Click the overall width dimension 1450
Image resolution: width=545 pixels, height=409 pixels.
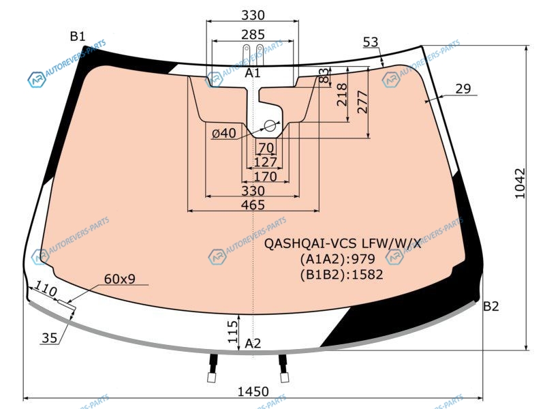[x=253, y=391]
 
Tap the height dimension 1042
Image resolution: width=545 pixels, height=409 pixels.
[x=520, y=183]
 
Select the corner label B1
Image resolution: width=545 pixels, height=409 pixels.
[x=78, y=36]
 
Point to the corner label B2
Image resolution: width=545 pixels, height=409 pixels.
[x=490, y=306]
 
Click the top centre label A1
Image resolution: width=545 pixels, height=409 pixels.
[x=253, y=73]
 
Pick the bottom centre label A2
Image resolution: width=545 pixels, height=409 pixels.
[x=253, y=344]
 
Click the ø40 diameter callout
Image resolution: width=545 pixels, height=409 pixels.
[x=224, y=133]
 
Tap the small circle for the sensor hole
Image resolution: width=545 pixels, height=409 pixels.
[x=270, y=126]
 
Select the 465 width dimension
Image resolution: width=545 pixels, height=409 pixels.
[x=253, y=205]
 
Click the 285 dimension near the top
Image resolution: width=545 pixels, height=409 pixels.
[x=253, y=35]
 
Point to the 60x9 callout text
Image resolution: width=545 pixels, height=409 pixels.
[x=120, y=279]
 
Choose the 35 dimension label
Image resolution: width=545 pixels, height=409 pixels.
[x=49, y=337]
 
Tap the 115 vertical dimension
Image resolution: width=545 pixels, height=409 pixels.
[x=233, y=332]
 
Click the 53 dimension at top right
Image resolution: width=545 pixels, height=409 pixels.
[x=371, y=42]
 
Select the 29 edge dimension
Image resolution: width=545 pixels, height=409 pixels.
[x=463, y=89]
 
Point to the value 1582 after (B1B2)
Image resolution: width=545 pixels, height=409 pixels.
[x=367, y=275]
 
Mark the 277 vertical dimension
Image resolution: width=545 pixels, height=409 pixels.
[x=362, y=102]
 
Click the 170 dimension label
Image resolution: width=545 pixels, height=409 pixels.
[x=266, y=177]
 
